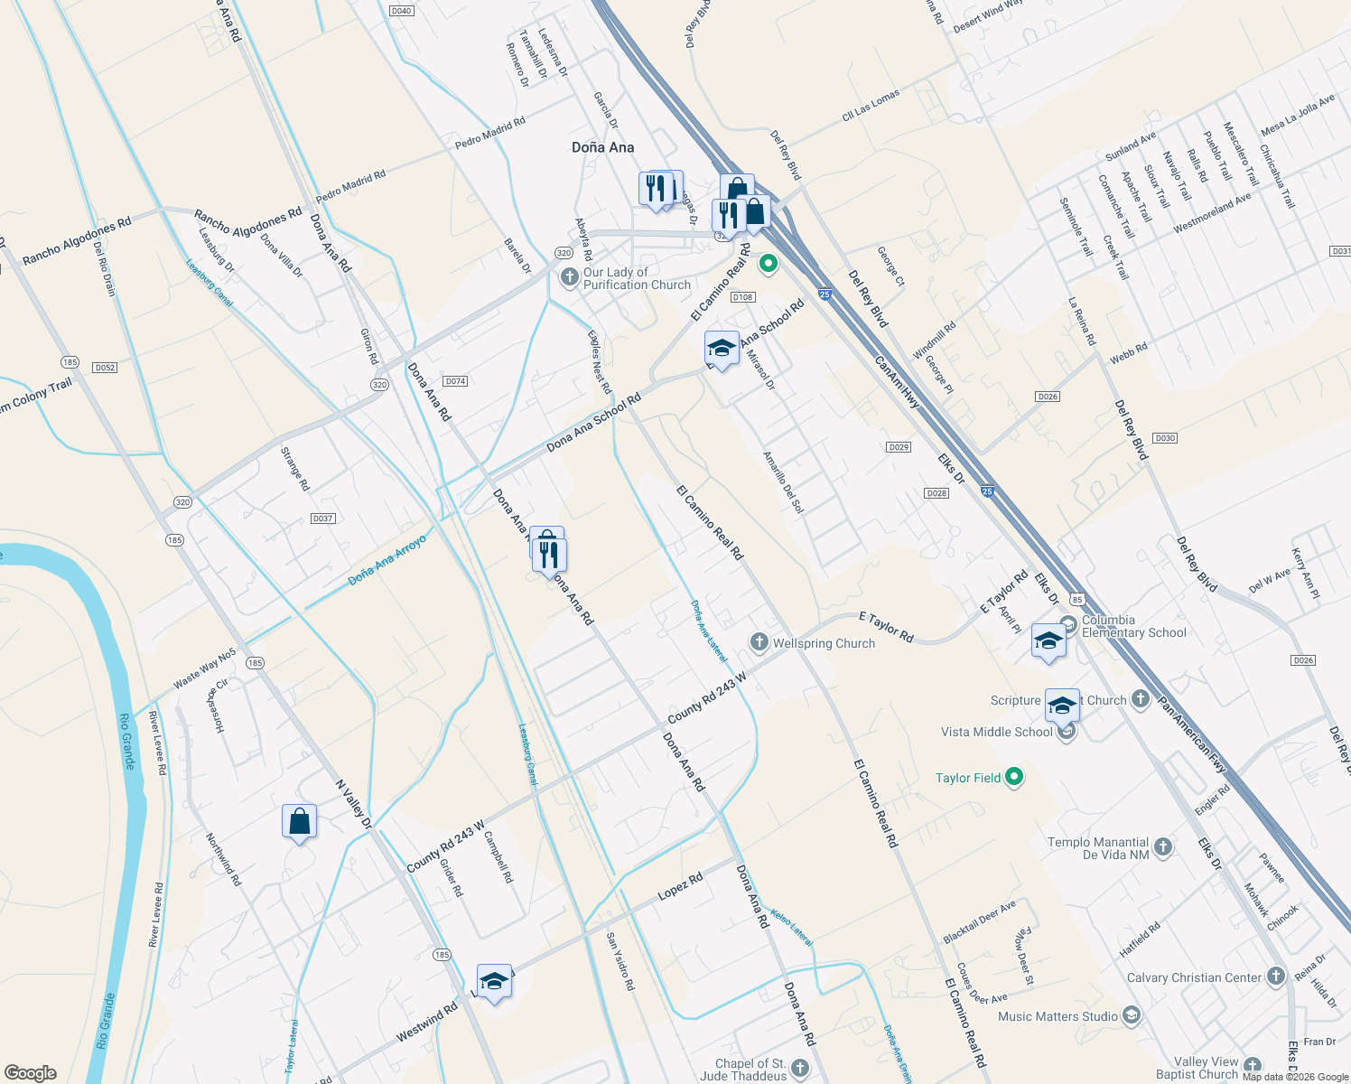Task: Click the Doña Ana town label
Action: tap(602, 147)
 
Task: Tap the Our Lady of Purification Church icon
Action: tap(569, 277)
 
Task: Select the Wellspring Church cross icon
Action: tap(759, 642)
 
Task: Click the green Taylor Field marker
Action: tap(1014, 777)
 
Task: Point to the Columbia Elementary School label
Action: tap(1133, 626)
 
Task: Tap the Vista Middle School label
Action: tap(996, 732)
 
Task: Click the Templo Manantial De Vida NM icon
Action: tap(1163, 847)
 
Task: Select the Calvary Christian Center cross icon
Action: tap(1275, 977)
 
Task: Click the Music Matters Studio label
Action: tap(1058, 1016)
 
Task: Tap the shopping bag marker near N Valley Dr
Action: tap(299, 822)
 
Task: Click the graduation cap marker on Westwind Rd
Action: tap(494, 982)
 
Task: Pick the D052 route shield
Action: tap(105, 368)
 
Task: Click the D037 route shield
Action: tap(322, 519)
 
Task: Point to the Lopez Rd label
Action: tap(680, 886)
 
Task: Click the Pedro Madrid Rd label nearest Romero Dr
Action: tap(489, 134)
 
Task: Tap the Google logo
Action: tap(31, 1073)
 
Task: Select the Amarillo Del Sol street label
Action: tap(783, 482)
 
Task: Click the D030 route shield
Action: tap(1165, 438)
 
